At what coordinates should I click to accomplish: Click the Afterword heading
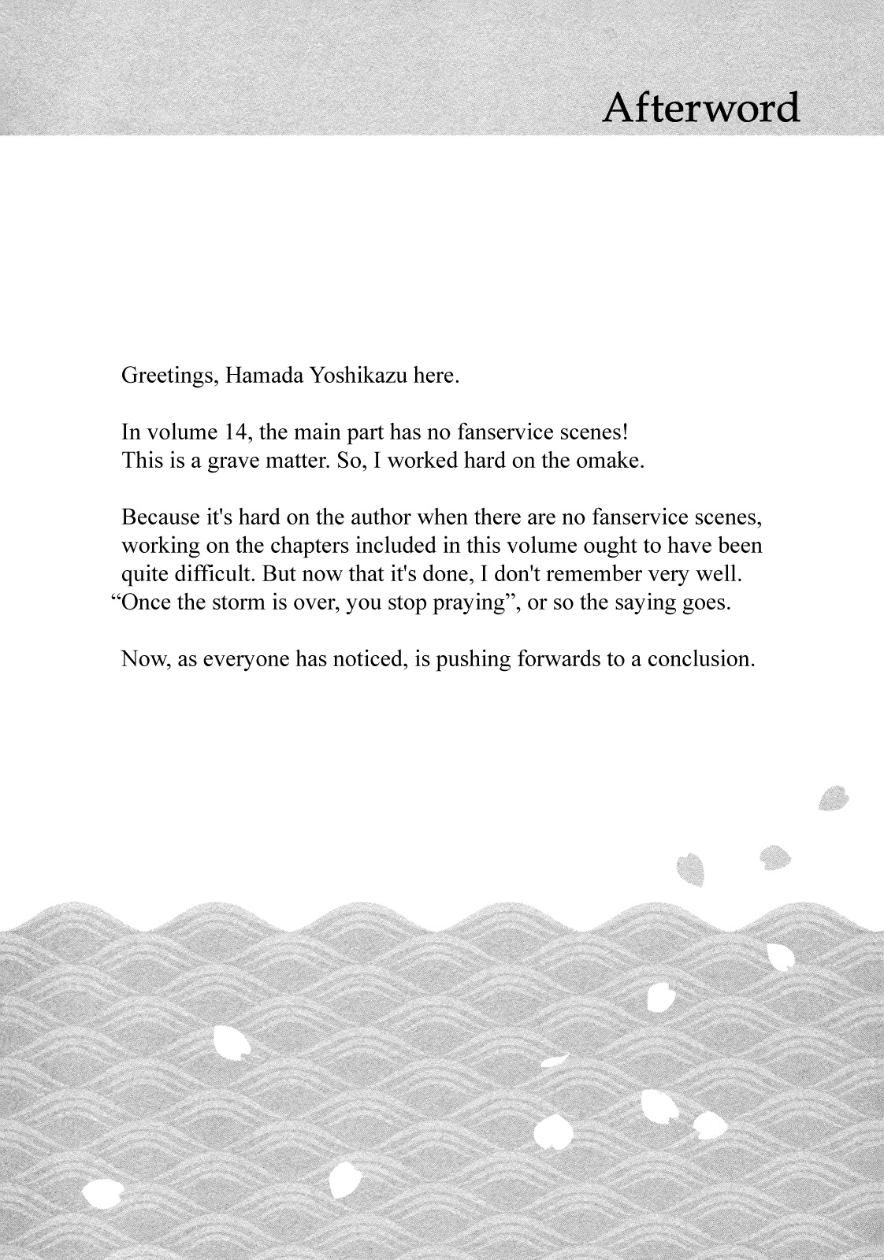click(700, 107)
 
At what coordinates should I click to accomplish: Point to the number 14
click(237, 432)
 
